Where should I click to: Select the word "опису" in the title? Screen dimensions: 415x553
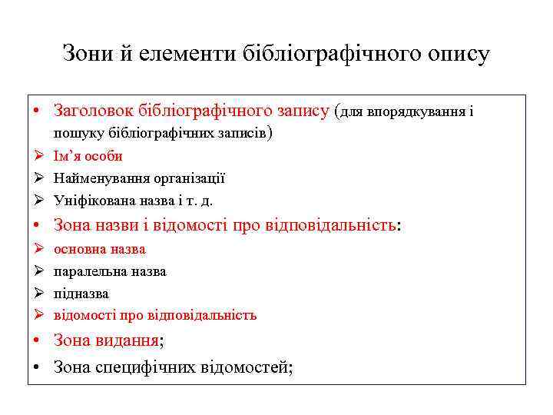tap(457, 54)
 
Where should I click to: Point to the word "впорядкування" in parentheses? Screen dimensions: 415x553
tap(416, 112)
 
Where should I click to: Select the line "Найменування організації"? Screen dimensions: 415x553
tap(139, 178)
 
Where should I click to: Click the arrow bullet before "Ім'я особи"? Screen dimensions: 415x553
tap(38, 156)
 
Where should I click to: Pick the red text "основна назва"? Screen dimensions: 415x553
tap(100, 249)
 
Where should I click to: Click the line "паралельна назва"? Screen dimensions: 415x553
tap(110, 271)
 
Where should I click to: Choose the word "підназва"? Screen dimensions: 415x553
tap(81, 294)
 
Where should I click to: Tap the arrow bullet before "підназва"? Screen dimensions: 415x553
tap(38, 294)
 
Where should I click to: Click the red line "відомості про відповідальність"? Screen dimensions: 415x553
tap(155, 315)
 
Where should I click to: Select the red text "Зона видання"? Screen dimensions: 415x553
tap(107, 341)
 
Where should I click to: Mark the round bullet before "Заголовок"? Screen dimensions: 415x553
tap(37, 112)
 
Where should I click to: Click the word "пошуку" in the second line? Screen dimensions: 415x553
tap(75, 134)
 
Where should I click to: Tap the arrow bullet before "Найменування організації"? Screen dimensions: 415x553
tap(38, 178)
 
